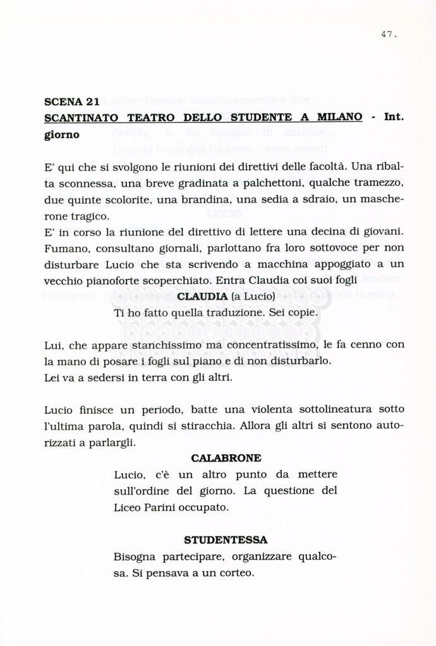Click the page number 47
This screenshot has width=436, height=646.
388,35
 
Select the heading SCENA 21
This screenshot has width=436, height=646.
72,102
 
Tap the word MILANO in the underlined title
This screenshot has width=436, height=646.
340,117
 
